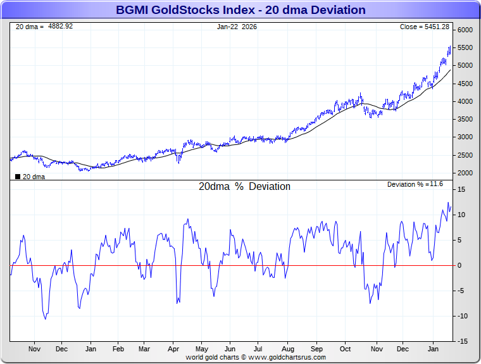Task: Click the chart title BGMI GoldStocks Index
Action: [240, 10]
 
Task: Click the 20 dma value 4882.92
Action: [58, 27]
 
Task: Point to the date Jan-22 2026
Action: [237, 27]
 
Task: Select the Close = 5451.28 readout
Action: [425, 27]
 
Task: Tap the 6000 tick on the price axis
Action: [465, 30]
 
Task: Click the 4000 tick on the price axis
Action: [465, 101]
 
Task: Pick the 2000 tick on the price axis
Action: [465, 173]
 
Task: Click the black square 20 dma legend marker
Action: [18, 177]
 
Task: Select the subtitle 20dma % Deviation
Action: [245, 187]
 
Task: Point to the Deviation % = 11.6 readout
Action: [415, 184]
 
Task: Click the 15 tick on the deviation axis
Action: [462, 189]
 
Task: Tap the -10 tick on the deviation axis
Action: [463, 316]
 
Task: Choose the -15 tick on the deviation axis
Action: [463, 341]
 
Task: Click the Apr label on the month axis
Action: [173, 349]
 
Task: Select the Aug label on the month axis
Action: [289, 349]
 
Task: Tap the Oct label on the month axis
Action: [346, 349]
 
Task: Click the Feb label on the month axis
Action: [118, 349]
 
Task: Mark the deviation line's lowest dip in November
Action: [45, 318]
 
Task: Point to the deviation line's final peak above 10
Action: [448, 203]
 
